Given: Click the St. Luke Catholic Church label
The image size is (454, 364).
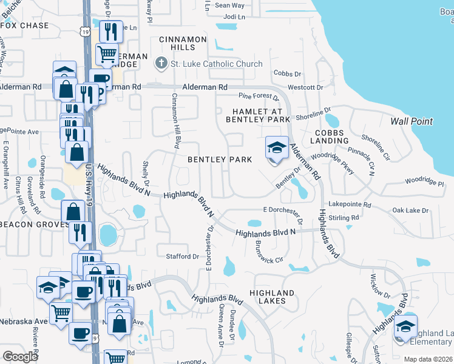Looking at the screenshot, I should click(x=217, y=64).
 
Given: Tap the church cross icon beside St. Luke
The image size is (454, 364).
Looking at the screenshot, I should click(x=161, y=63).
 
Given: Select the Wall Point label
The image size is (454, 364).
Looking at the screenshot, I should click(x=412, y=121).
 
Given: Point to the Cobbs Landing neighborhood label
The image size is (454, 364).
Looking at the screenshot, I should click(x=329, y=136).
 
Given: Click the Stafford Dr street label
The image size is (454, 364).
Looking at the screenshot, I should click(x=183, y=257).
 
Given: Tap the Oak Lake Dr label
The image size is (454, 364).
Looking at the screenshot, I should click(x=410, y=211).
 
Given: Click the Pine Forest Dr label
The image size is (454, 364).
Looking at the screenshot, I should click(x=259, y=96).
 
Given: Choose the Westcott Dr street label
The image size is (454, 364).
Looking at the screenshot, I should click(x=305, y=87).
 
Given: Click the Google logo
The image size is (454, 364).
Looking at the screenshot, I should click(x=21, y=356).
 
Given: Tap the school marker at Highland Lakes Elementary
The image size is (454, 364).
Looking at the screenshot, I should click(x=405, y=328).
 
